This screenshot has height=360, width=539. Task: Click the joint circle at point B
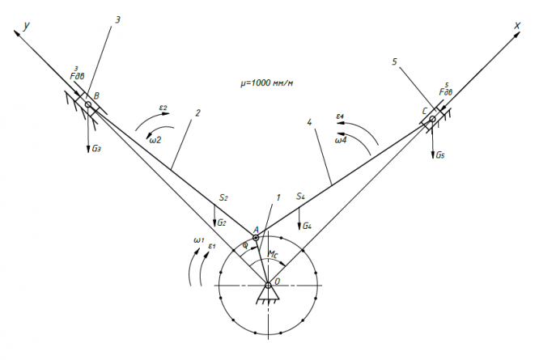coord(87,104)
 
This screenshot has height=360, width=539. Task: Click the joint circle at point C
coord(432,120)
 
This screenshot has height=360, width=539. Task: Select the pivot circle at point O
coord(269,283)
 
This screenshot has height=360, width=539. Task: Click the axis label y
coord(27,26)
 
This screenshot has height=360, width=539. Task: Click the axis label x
coord(516,26)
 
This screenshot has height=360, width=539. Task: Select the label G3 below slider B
coord(97,149)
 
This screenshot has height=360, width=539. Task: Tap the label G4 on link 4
coord(308,224)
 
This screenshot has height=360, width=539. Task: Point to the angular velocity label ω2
coord(155,139)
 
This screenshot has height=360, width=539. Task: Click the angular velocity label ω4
coord(342,139)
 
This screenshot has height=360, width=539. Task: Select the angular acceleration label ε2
coord(163,108)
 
